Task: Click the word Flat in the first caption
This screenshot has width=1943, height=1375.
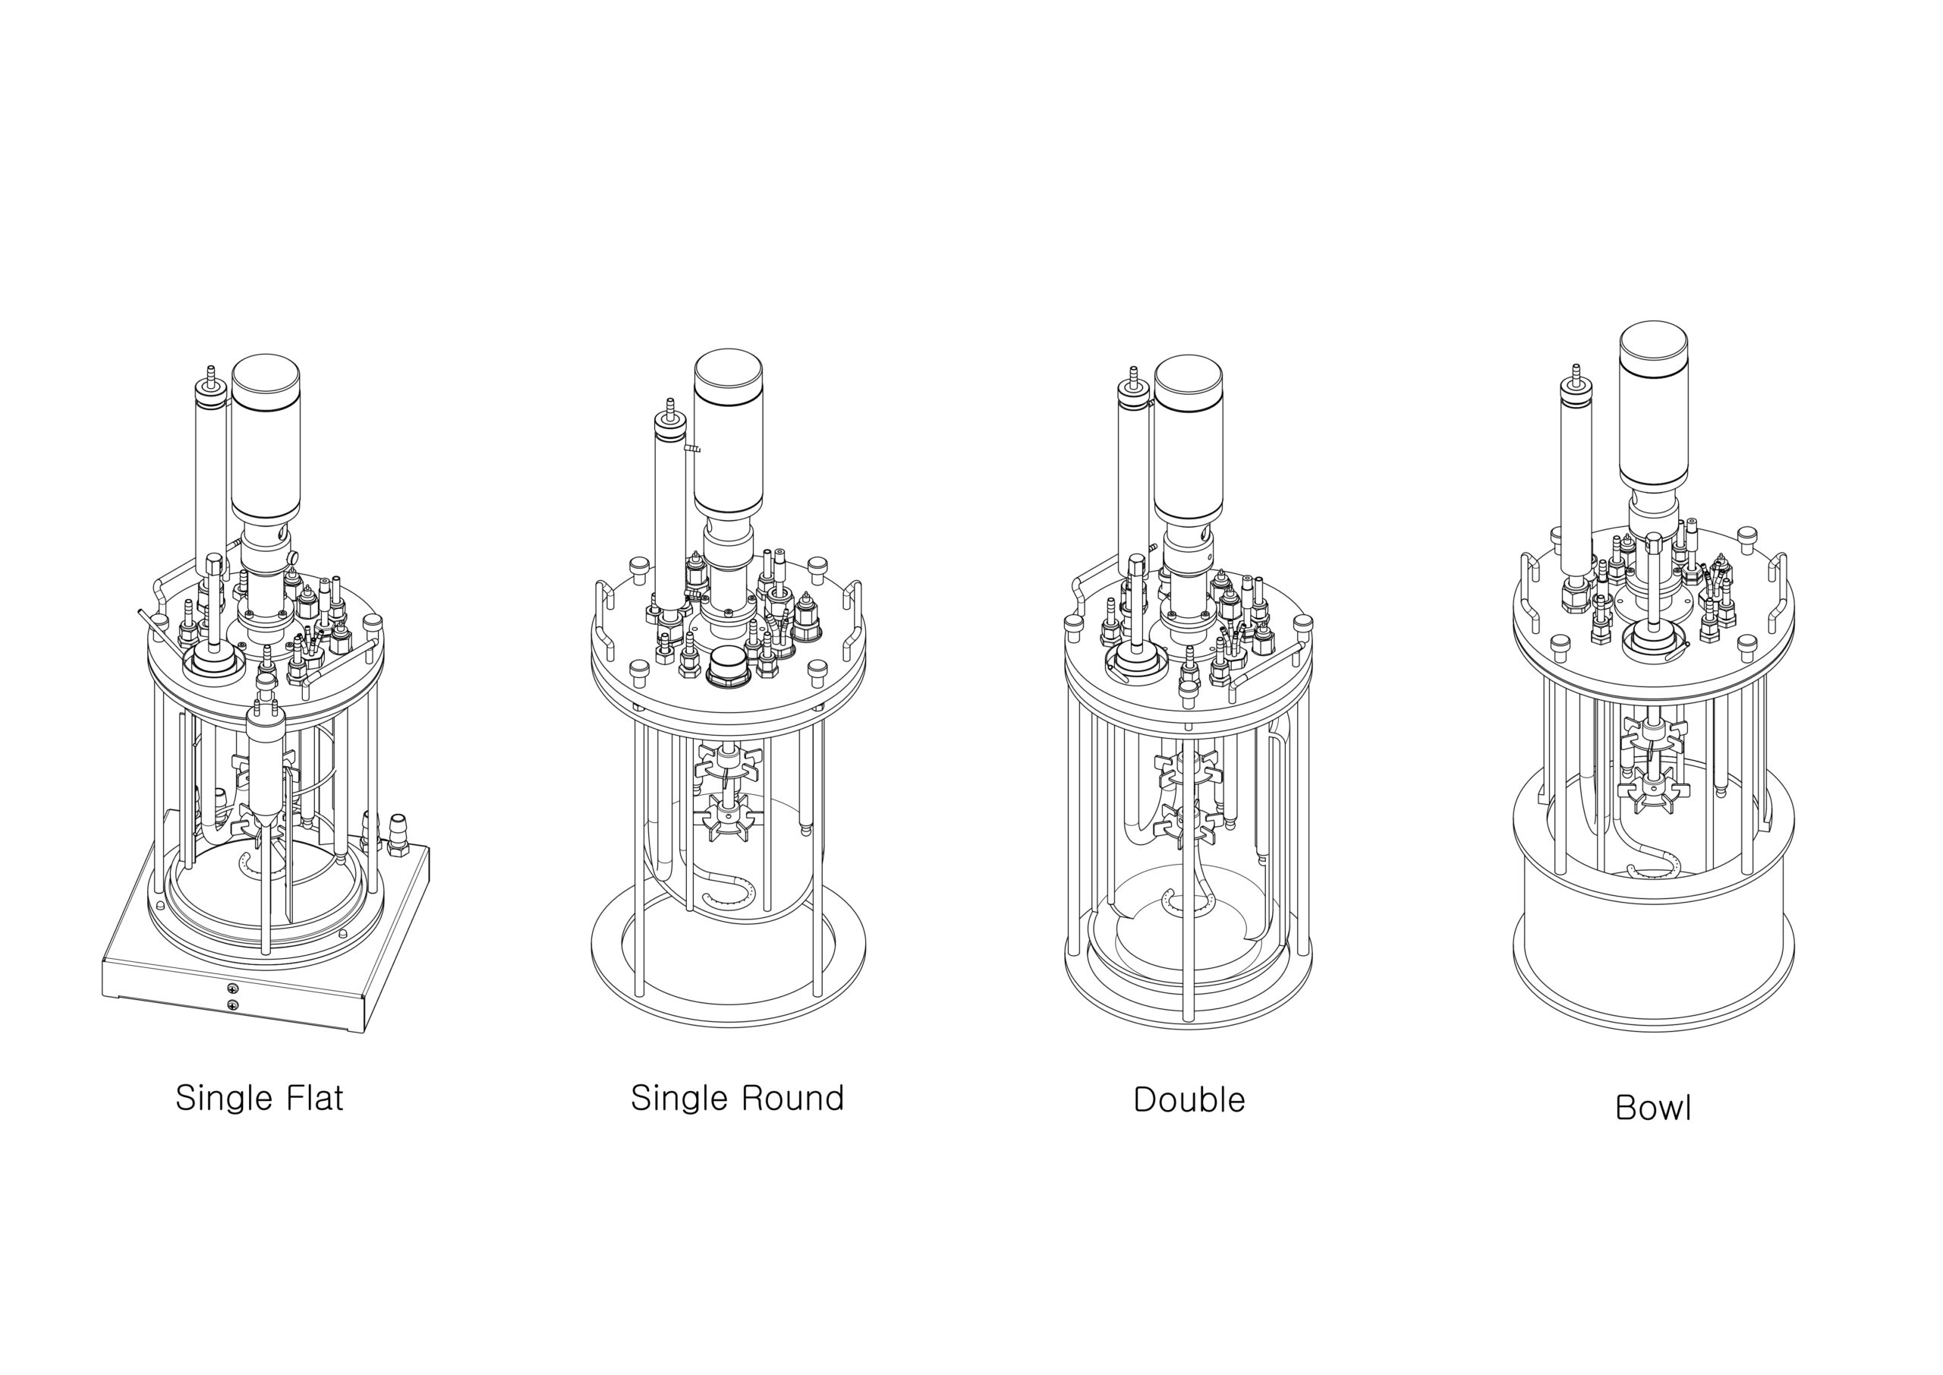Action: tap(313, 1098)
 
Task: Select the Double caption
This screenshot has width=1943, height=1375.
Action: tap(1189, 1100)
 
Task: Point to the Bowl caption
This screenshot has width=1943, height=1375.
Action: tap(1653, 1109)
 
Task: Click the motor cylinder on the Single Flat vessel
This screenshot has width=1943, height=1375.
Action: tap(266, 438)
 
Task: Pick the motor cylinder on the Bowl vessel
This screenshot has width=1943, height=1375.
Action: tap(1653, 406)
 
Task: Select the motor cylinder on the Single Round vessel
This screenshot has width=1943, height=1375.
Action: tap(728, 433)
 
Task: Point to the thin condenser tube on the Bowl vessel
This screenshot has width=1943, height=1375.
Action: tap(1576, 474)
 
